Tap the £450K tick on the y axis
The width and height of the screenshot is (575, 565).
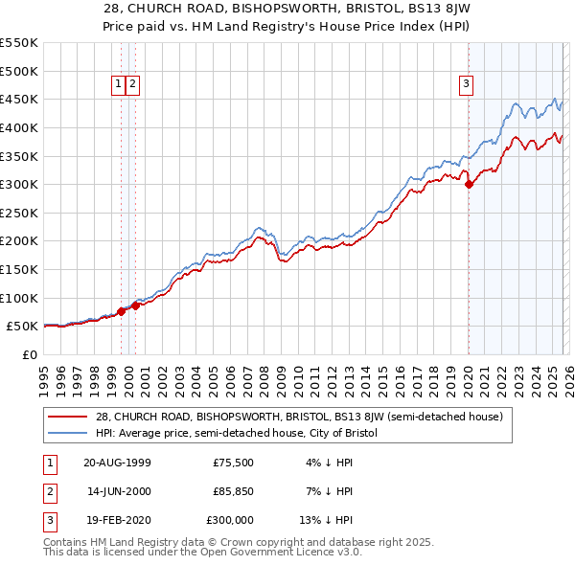pyautogui.click(x=19, y=99)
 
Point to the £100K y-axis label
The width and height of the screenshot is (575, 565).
pyautogui.click(x=19, y=298)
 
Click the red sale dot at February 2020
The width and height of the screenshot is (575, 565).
pyautogui.click(x=469, y=185)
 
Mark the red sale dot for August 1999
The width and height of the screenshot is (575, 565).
pyautogui.click(x=122, y=311)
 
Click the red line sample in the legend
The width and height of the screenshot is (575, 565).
pyautogui.click(x=68, y=417)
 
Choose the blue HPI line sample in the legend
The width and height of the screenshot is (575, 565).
pyautogui.click(x=68, y=433)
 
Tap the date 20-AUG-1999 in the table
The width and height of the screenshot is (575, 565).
pyautogui.click(x=117, y=463)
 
